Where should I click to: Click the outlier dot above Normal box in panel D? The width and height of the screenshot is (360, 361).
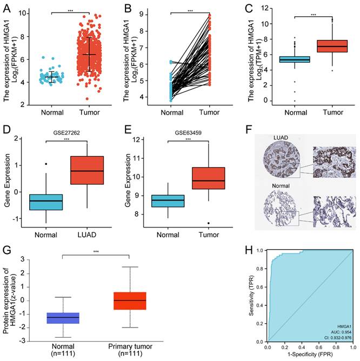(x=46, y=164)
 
